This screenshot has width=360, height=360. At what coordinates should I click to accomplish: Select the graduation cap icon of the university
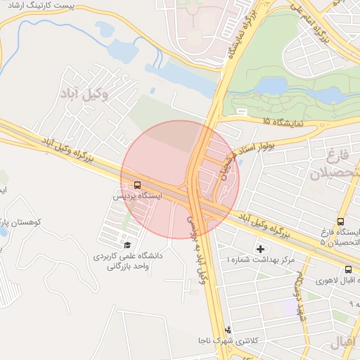point(127,245)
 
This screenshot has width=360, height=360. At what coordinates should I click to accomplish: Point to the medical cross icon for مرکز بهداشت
point(261,248)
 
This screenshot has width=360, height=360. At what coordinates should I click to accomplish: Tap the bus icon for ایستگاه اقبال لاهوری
point(348,269)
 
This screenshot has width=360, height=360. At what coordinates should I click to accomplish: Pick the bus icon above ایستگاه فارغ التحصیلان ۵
point(341,221)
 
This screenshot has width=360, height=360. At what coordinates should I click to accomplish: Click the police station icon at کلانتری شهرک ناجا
point(227,329)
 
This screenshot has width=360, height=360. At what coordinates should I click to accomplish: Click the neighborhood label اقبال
point(344,343)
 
